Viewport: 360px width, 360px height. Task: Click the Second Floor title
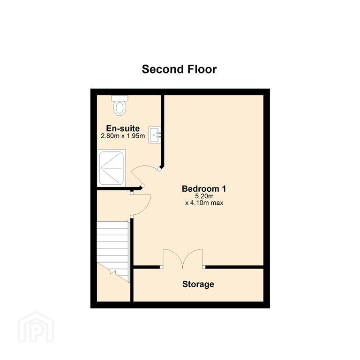(179, 69)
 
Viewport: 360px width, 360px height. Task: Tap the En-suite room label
(123, 128)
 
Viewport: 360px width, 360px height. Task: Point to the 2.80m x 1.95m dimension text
(123, 136)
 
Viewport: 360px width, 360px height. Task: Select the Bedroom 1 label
(204, 189)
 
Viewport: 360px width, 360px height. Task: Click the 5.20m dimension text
(204, 196)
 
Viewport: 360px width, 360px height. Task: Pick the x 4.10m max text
(204, 203)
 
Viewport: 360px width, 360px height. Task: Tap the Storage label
(198, 284)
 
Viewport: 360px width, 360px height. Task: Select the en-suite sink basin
(155, 135)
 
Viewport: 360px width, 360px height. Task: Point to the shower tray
(112, 168)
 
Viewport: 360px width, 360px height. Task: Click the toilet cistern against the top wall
(120, 98)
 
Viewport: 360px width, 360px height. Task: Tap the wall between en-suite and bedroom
(162, 131)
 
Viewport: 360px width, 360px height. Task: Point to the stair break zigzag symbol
(113, 272)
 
